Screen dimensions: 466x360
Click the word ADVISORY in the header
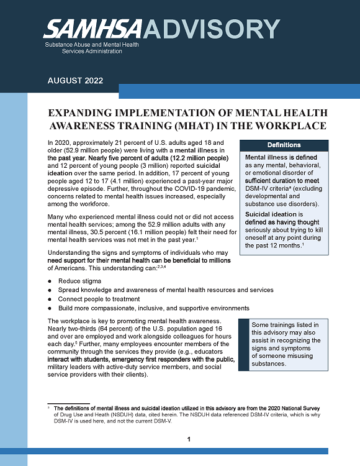[212, 29]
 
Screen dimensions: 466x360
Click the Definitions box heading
[284, 145]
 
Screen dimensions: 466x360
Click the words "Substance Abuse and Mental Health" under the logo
[92, 45]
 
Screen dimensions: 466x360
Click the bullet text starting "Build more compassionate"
[153, 308]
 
